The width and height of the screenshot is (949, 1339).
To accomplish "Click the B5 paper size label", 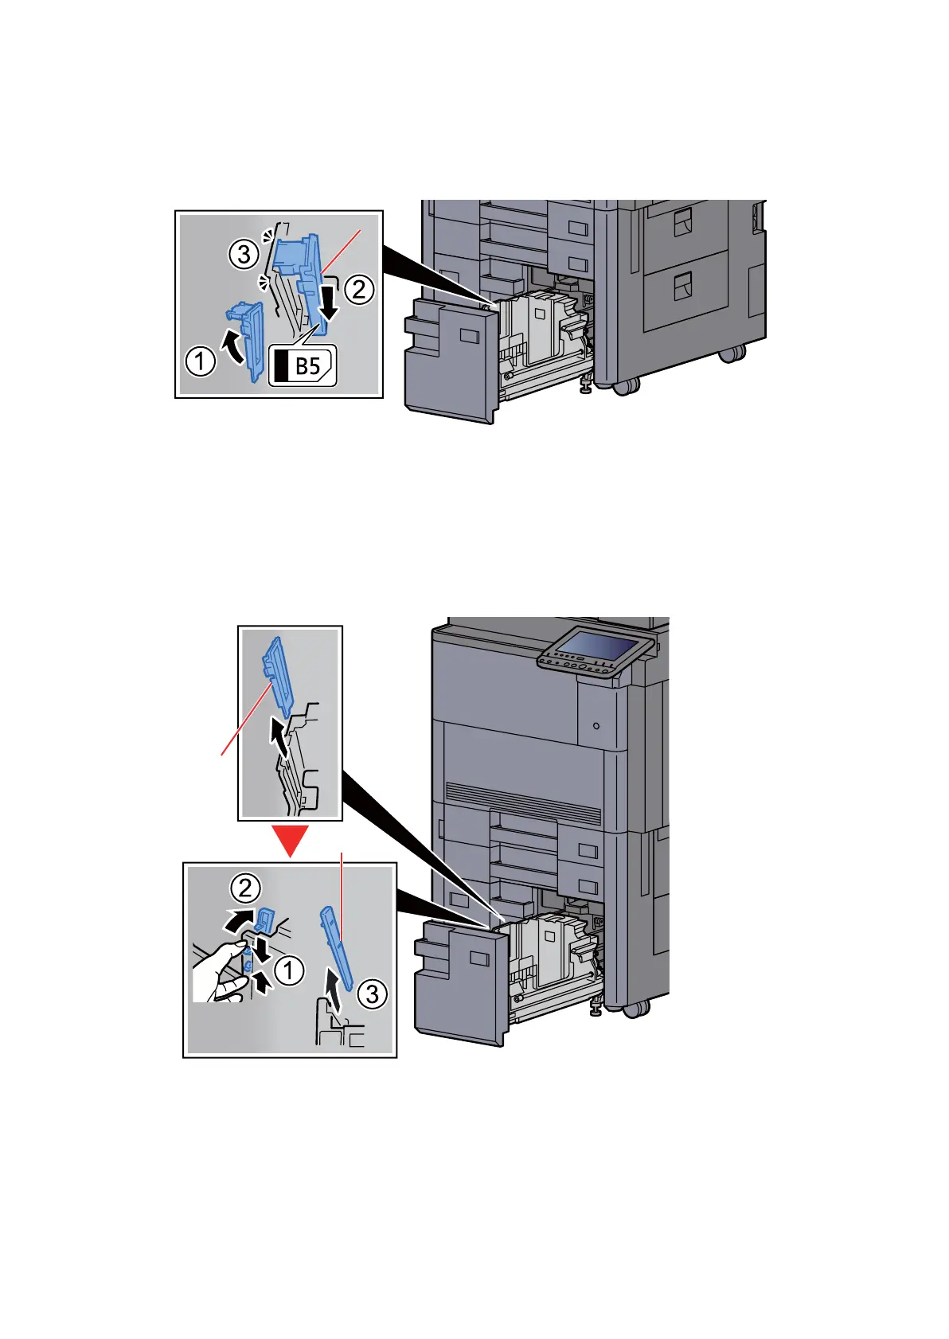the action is [x=303, y=366].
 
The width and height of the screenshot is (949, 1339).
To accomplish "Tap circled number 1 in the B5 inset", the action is [x=201, y=361].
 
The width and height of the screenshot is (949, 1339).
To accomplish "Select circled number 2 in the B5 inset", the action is [x=359, y=289].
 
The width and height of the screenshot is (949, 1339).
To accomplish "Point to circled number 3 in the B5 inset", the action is [x=244, y=255].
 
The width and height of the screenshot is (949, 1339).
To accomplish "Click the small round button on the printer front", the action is [x=596, y=726].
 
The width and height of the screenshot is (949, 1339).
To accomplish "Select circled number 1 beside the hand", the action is [x=289, y=970].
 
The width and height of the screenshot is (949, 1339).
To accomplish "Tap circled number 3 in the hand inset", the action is [x=372, y=994].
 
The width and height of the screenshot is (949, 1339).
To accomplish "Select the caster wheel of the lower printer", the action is [x=635, y=1009].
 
